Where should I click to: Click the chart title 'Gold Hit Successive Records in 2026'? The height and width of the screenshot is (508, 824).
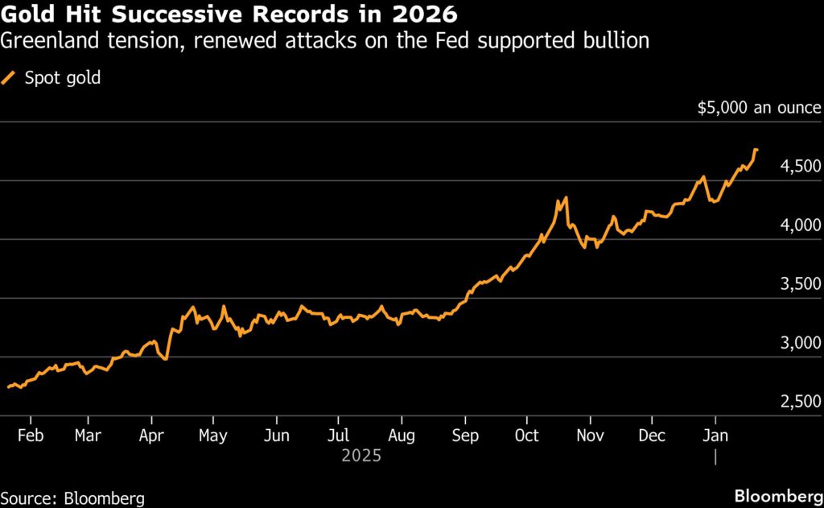pos(229,14)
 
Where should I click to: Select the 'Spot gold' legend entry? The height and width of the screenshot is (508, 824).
pos(55,78)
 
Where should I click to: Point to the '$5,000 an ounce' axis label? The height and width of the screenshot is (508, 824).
pos(759,108)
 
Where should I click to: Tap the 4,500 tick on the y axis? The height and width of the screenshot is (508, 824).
pos(800,167)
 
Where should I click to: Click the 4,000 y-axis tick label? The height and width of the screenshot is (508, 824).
pos(800,225)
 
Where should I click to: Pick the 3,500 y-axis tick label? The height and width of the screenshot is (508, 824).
pos(800,284)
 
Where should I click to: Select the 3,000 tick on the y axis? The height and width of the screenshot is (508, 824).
pos(800,344)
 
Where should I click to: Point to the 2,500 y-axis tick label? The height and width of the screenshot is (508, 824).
pos(800,403)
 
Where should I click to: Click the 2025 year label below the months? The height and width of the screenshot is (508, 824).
pos(361,456)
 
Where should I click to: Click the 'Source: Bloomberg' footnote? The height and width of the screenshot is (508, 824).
pos(72,498)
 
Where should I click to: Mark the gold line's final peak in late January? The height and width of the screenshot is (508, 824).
pos(756,150)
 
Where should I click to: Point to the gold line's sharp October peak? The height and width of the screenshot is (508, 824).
pos(566,197)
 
